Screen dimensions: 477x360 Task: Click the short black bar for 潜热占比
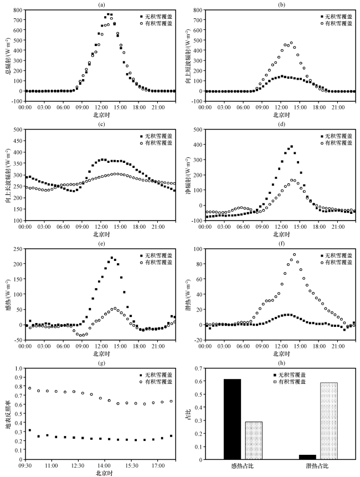tap(305, 457)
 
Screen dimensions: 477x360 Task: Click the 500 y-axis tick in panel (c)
tap(17, 130)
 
